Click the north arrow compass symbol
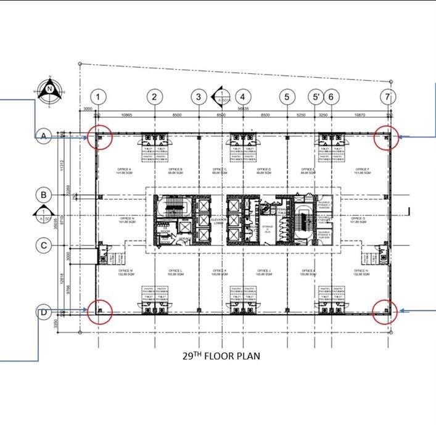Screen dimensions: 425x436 pos(49,90)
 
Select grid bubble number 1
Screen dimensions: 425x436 pos(99,97)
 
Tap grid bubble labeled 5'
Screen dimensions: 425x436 pos(315,97)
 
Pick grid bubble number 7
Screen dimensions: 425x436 pos(387,97)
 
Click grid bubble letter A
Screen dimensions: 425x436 pos(44,136)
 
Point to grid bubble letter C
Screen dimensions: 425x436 pos(44,246)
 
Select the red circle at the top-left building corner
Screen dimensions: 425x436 pos(100,137)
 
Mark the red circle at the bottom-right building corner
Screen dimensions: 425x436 pos(385,312)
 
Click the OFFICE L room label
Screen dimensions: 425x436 pos(176,272)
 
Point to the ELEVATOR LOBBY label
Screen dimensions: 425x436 pos(218,220)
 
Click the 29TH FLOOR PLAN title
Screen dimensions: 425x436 pos(221,356)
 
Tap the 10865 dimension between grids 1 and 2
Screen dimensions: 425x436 pos(127,115)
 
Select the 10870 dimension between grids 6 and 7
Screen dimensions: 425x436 pos(360,115)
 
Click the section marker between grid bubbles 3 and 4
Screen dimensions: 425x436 pos(220,97)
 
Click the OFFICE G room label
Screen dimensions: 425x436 pos(358,220)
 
